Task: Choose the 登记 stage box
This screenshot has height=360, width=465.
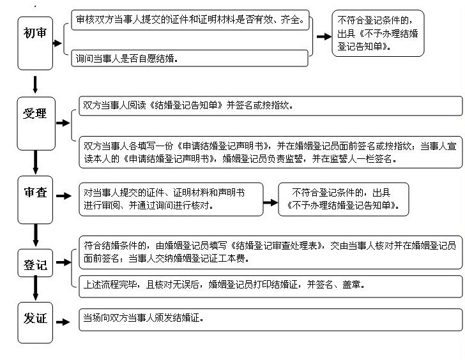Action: click(x=35, y=264)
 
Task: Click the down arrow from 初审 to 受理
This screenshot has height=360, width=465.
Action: click(x=35, y=84)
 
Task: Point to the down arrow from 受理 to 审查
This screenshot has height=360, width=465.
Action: click(x=35, y=161)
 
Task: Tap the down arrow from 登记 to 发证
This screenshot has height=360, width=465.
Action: click(x=35, y=291)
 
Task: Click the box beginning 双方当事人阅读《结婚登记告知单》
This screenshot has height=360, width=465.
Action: click(x=269, y=105)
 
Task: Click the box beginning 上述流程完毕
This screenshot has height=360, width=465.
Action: click(x=269, y=285)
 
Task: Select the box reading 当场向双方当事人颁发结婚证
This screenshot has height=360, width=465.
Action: click(x=269, y=319)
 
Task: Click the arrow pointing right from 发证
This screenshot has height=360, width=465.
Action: click(x=64, y=320)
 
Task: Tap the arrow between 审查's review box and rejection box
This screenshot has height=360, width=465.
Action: click(x=270, y=202)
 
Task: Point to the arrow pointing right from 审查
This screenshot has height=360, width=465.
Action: click(x=64, y=196)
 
